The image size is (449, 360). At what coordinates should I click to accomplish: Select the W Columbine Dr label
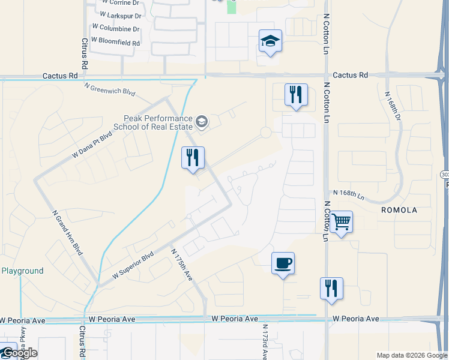coord(115,28)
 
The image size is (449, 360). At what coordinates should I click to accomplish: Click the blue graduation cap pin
coord(270,42)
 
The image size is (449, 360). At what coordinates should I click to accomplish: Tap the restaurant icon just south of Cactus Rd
coord(296,95)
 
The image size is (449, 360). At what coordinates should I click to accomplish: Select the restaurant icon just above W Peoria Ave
coord(331,289)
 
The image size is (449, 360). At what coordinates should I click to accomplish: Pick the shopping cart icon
coord(341,223)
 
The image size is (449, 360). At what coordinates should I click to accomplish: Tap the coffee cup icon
coord(283,263)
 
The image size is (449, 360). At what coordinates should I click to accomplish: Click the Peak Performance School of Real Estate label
coord(158,123)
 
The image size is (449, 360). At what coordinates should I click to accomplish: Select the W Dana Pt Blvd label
coord(92,145)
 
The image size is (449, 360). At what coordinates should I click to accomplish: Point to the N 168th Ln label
coord(349,194)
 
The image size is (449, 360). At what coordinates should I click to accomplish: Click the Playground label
coord(22,271)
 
